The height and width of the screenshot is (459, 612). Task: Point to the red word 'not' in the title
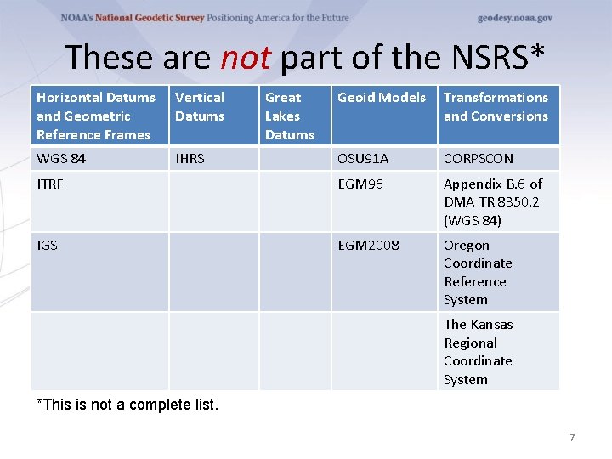coord(245,57)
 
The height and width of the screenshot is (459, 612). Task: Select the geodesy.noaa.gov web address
coord(515,18)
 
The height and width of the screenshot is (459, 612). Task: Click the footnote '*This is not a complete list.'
coord(127,405)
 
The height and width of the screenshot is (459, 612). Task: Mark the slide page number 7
coord(572,438)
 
